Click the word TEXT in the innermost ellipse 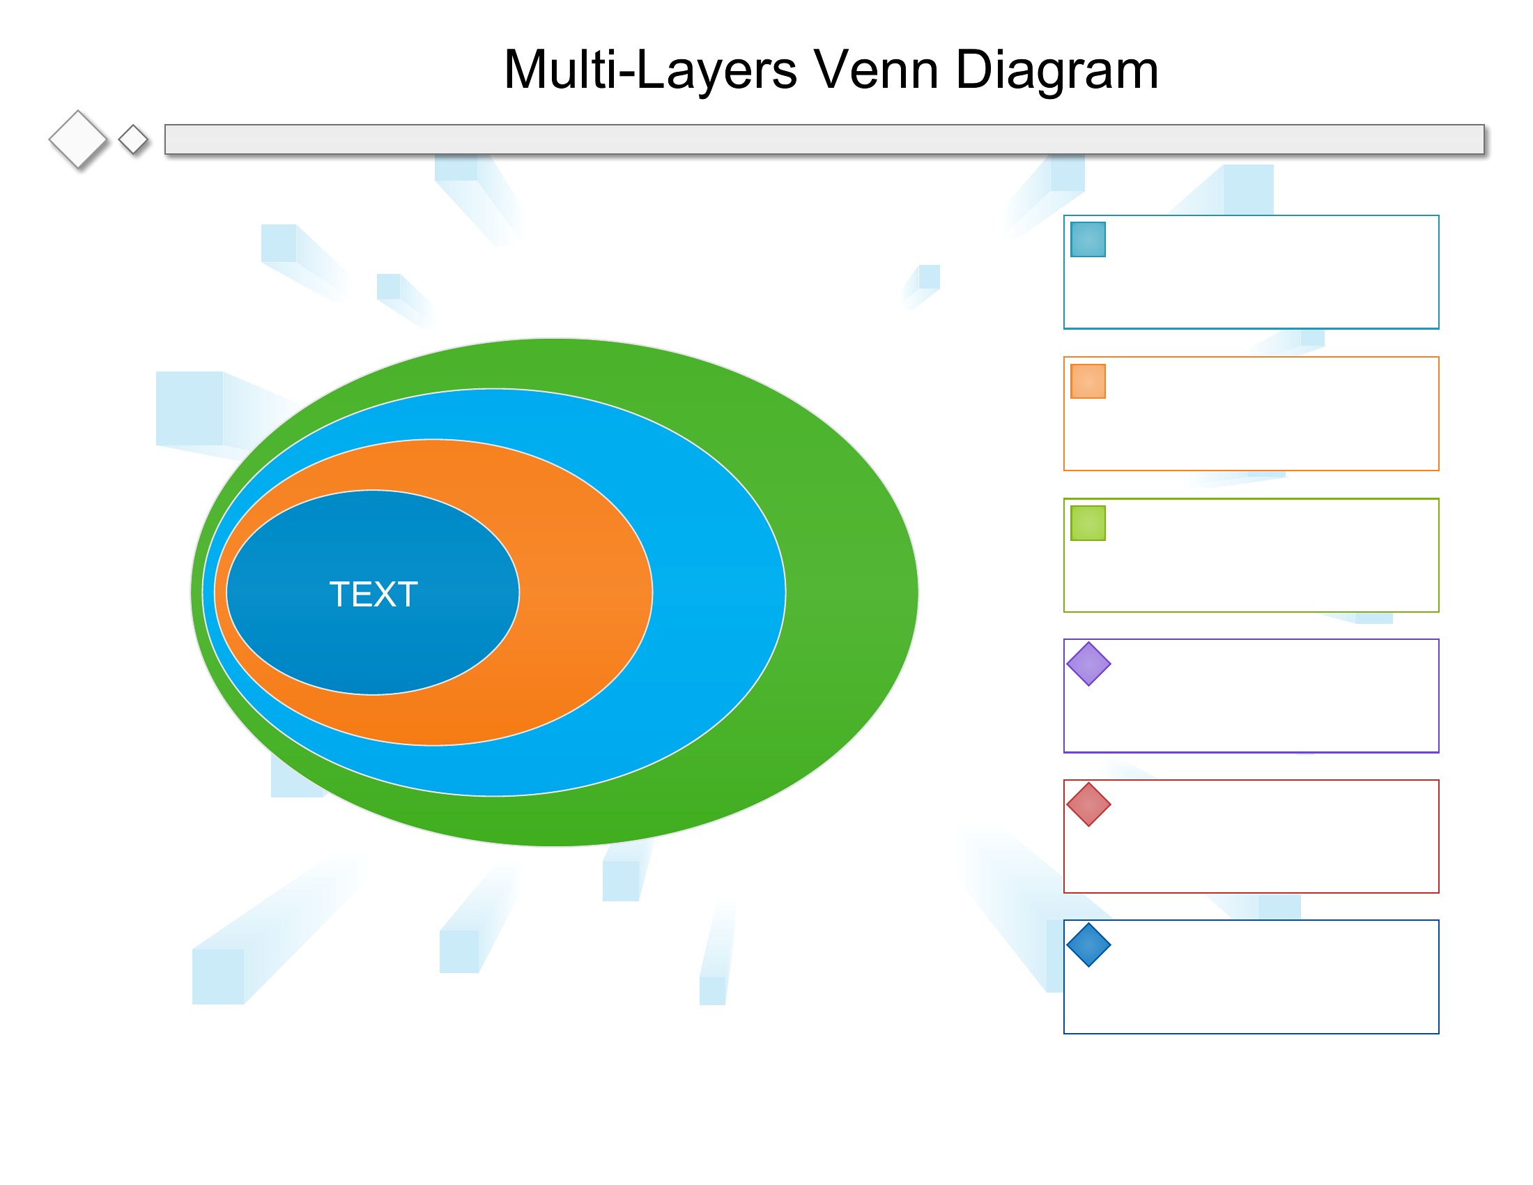tap(373, 594)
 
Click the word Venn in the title tap(876, 70)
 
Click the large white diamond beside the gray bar tap(78, 139)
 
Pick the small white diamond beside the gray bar tap(132, 139)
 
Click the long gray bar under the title tap(824, 139)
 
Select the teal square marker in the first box tap(1088, 239)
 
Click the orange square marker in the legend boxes tap(1088, 381)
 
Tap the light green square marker tap(1088, 523)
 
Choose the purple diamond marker tap(1088, 664)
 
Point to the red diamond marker tap(1088, 804)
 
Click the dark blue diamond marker tap(1088, 945)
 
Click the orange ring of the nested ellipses tap(586, 592)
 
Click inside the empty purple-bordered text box tap(1251, 696)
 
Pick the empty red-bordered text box tap(1251, 836)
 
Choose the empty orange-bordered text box tap(1251, 413)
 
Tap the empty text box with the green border tap(1251, 556)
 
